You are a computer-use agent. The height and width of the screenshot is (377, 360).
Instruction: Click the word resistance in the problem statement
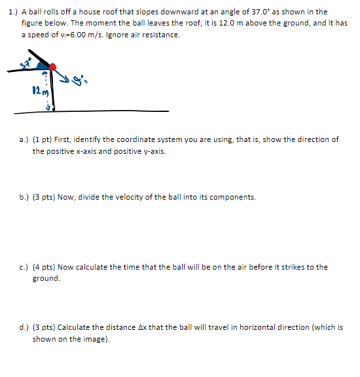coord(159,35)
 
